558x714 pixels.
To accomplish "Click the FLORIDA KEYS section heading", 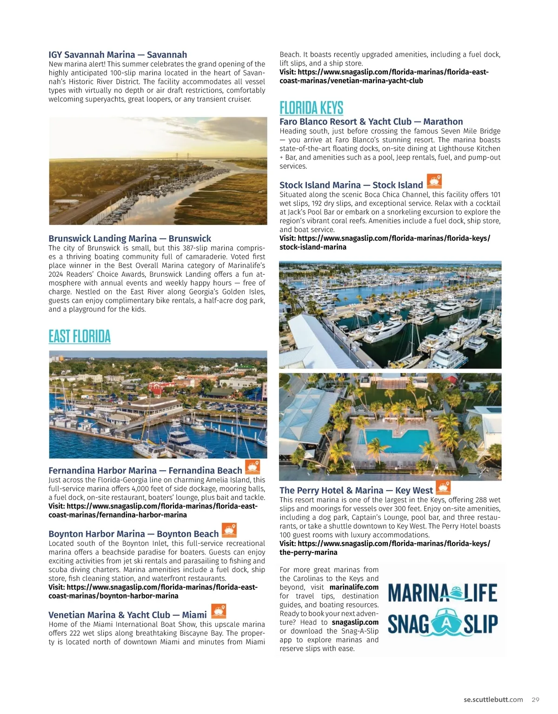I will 311,108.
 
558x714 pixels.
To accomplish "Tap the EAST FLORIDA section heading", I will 80,336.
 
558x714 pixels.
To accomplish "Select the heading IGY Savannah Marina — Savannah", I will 118,54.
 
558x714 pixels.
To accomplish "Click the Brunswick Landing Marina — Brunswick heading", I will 130,238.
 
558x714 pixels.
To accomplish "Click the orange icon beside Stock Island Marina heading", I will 434,181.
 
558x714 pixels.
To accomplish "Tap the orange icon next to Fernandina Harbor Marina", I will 252,467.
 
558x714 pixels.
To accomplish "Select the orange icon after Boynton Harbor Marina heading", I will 229,530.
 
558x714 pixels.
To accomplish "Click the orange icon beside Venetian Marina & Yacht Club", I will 219,611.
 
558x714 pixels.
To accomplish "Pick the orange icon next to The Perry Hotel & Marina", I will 444,487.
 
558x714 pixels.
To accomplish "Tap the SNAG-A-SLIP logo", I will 442,624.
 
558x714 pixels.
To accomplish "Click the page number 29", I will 536,700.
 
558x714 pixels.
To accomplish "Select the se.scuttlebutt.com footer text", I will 493,700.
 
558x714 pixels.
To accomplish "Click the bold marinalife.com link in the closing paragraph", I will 354,587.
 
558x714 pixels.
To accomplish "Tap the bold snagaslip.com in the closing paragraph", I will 355,622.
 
